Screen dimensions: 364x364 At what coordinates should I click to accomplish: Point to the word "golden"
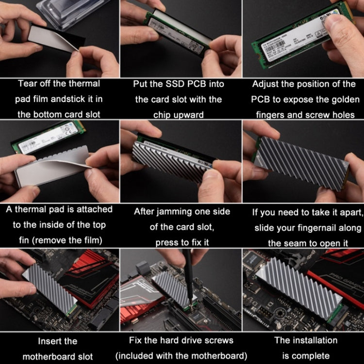[x=344, y=99]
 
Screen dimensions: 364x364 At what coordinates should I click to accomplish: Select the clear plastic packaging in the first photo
[x=73, y=15]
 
